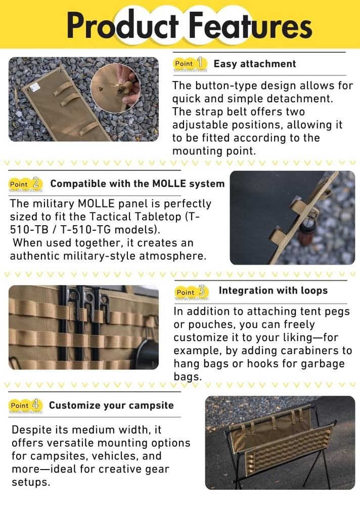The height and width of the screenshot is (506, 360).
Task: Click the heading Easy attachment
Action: [x=254, y=64]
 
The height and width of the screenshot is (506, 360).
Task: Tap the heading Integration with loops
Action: [x=273, y=290]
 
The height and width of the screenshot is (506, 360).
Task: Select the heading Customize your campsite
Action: [x=111, y=405]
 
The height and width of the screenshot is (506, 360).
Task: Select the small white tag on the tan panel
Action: [x=35, y=87]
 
